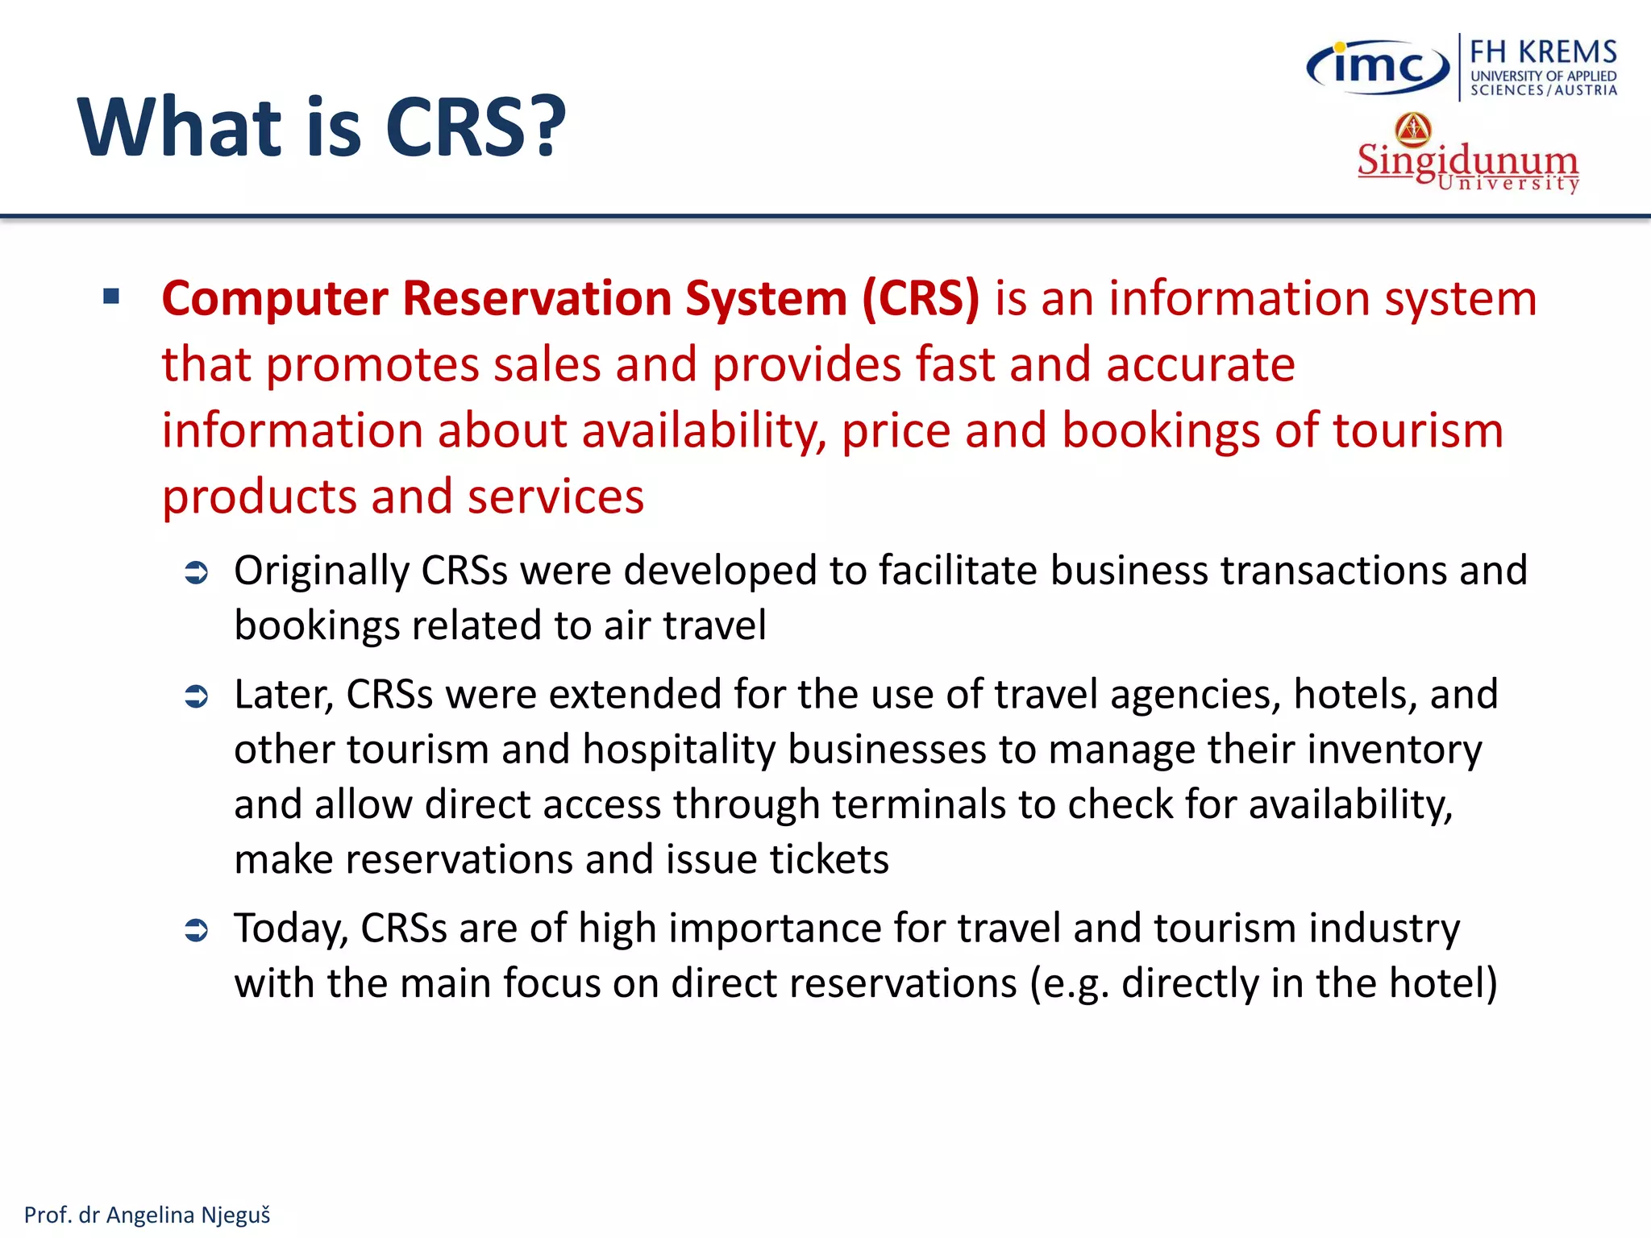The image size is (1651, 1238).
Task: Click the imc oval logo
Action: coord(1378,67)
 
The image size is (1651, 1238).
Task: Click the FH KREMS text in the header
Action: coord(1543,52)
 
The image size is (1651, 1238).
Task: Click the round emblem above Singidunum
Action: coord(1413,129)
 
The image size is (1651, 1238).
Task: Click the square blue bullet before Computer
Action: coord(111,297)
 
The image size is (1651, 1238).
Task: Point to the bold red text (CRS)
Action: coord(921,298)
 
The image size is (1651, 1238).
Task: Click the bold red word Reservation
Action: coord(536,298)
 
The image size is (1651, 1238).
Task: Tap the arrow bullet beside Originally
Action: coord(197,573)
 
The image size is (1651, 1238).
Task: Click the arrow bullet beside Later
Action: coord(197,696)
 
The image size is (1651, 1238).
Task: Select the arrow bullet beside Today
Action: coord(197,931)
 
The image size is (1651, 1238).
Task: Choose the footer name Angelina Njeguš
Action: coord(188,1215)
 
